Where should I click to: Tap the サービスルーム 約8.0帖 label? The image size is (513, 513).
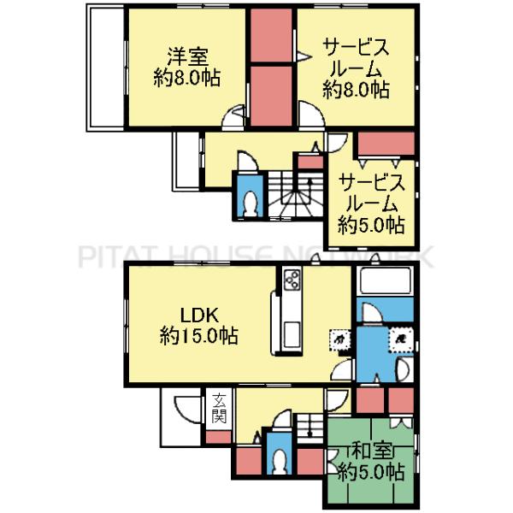click(x=356, y=67)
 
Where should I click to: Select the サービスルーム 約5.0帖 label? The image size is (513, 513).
click(x=370, y=203)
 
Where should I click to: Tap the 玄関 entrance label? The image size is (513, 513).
click(x=219, y=408)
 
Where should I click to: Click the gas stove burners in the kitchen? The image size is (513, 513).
click(x=292, y=280)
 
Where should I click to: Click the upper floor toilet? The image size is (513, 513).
click(x=251, y=202)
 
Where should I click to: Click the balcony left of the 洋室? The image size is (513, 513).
click(x=106, y=68)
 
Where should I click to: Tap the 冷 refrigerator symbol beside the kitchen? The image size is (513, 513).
click(x=339, y=340)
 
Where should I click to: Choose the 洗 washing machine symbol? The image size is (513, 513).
click(x=398, y=339)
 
